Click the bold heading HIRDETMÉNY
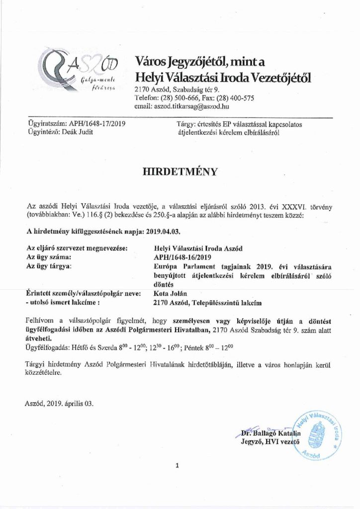[x=180, y=172]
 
